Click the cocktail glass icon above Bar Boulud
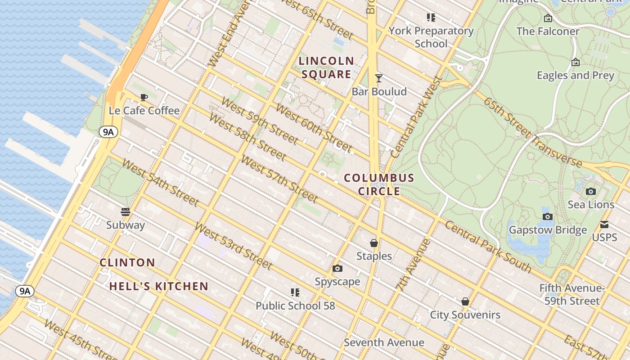coord(379,78)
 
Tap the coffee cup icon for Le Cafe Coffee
coord(144,97)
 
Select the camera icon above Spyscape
coord(337,269)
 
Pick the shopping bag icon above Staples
coord(374,243)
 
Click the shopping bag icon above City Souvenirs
coord(465,301)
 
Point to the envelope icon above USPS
coord(604,224)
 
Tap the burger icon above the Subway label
coord(126,211)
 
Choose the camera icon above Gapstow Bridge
coord(548,217)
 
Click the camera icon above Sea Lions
coord(591,192)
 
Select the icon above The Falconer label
coord(548,18)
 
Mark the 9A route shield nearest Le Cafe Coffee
coord(108,132)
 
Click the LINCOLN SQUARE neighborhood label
coord(327,67)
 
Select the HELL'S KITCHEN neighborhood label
coord(159,286)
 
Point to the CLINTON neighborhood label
coord(127,262)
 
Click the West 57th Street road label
coord(279,179)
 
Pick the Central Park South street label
coord(488,247)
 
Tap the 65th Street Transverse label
coord(533,132)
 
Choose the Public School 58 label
coord(295,306)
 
